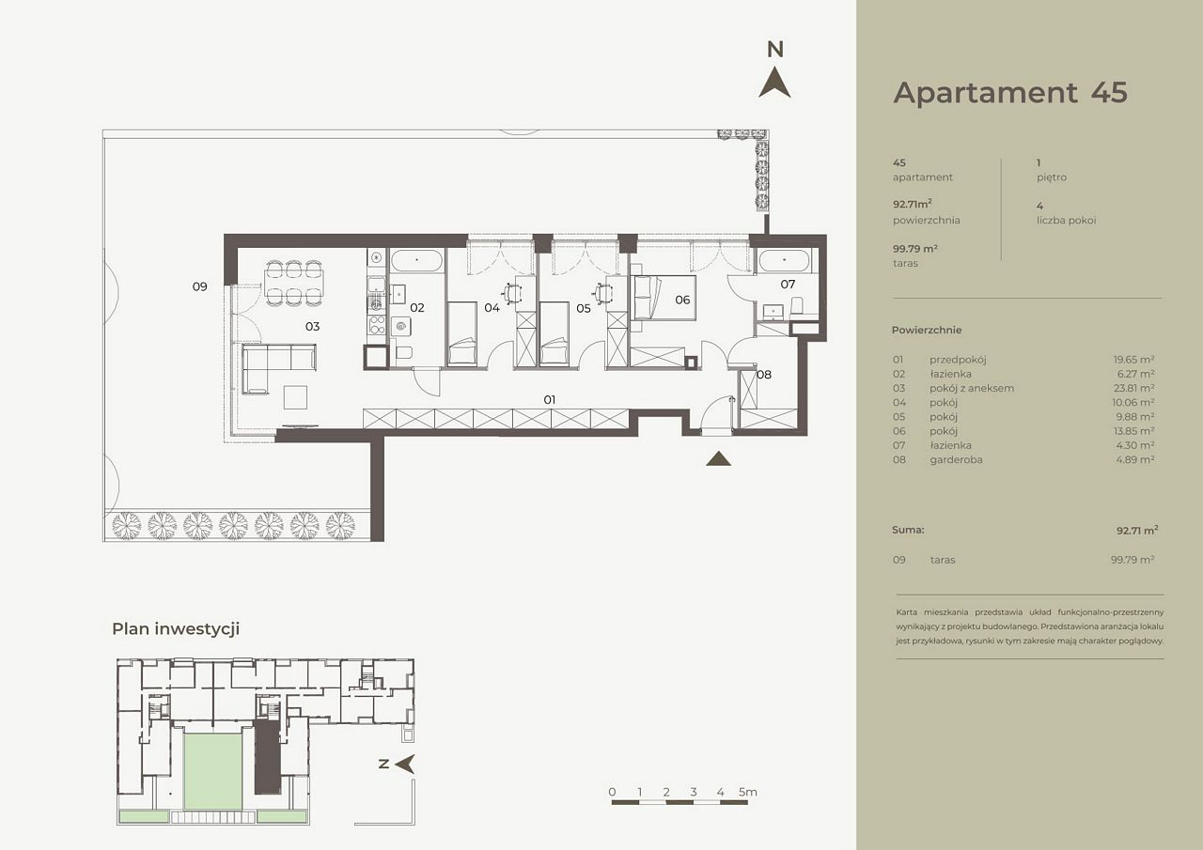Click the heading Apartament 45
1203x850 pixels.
(1010, 92)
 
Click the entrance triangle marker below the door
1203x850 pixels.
(719, 458)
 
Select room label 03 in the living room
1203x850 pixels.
(313, 326)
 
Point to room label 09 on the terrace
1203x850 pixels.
(200, 286)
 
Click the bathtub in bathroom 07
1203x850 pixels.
(784, 261)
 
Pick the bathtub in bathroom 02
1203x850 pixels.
(417, 262)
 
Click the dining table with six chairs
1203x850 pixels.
(293, 283)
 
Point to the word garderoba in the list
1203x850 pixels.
(956, 459)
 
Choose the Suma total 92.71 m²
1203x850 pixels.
(1137, 530)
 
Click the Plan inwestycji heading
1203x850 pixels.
(176, 629)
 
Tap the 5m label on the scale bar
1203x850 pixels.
(747, 792)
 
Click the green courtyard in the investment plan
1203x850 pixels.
(213, 771)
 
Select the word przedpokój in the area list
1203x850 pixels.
(958, 360)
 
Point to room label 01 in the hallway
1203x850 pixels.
(550, 400)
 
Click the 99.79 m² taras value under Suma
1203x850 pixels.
(1133, 560)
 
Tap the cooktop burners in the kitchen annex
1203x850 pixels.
(377, 325)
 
